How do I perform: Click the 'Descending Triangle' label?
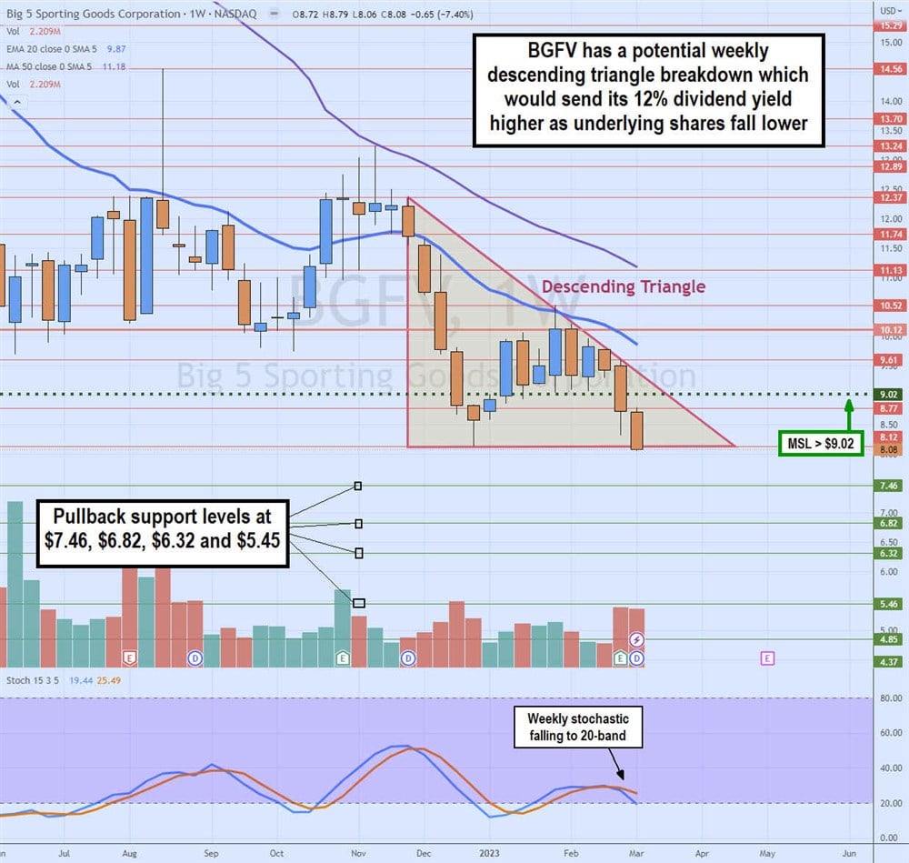pyautogui.click(x=623, y=287)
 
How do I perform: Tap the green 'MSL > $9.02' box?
pyautogui.click(x=821, y=444)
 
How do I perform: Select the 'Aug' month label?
pyautogui.click(x=129, y=854)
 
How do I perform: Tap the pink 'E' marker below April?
pyautogui.click(x=768, y=657)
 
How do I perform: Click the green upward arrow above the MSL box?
pyautogui.click(x=847, y=415)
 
